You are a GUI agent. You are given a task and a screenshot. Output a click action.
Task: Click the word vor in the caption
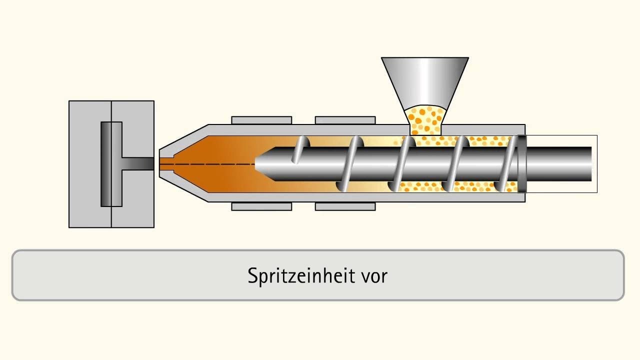tap(375, 277)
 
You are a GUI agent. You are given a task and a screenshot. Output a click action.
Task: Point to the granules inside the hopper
tap(425, 120)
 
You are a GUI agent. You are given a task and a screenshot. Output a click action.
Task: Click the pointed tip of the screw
tap(255, 164)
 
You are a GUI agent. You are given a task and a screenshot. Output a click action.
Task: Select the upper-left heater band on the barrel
tap(261, 120)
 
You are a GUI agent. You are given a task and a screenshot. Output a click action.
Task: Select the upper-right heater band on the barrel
tap(345, 120)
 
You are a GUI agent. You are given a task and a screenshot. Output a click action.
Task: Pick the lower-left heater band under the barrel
tap(261, 206)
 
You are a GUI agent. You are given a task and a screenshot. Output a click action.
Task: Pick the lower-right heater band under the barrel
tap(345, 206)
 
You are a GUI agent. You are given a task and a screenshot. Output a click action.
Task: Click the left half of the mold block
tap(90, 164)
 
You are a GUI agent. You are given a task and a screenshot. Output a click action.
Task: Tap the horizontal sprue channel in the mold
tap(138, 164)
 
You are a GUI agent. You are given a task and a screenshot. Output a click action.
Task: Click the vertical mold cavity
tap(111, 164)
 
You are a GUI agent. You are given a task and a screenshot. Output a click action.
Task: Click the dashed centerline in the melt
tap(207, 164)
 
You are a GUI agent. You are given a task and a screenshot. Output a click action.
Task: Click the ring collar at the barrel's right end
tap(522, 164)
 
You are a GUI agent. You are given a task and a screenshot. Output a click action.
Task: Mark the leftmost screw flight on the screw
tap(300, 149)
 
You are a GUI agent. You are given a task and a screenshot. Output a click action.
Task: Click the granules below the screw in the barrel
tap(457, 187)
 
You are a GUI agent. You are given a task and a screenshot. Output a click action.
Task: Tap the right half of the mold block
tap(133, 164)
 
